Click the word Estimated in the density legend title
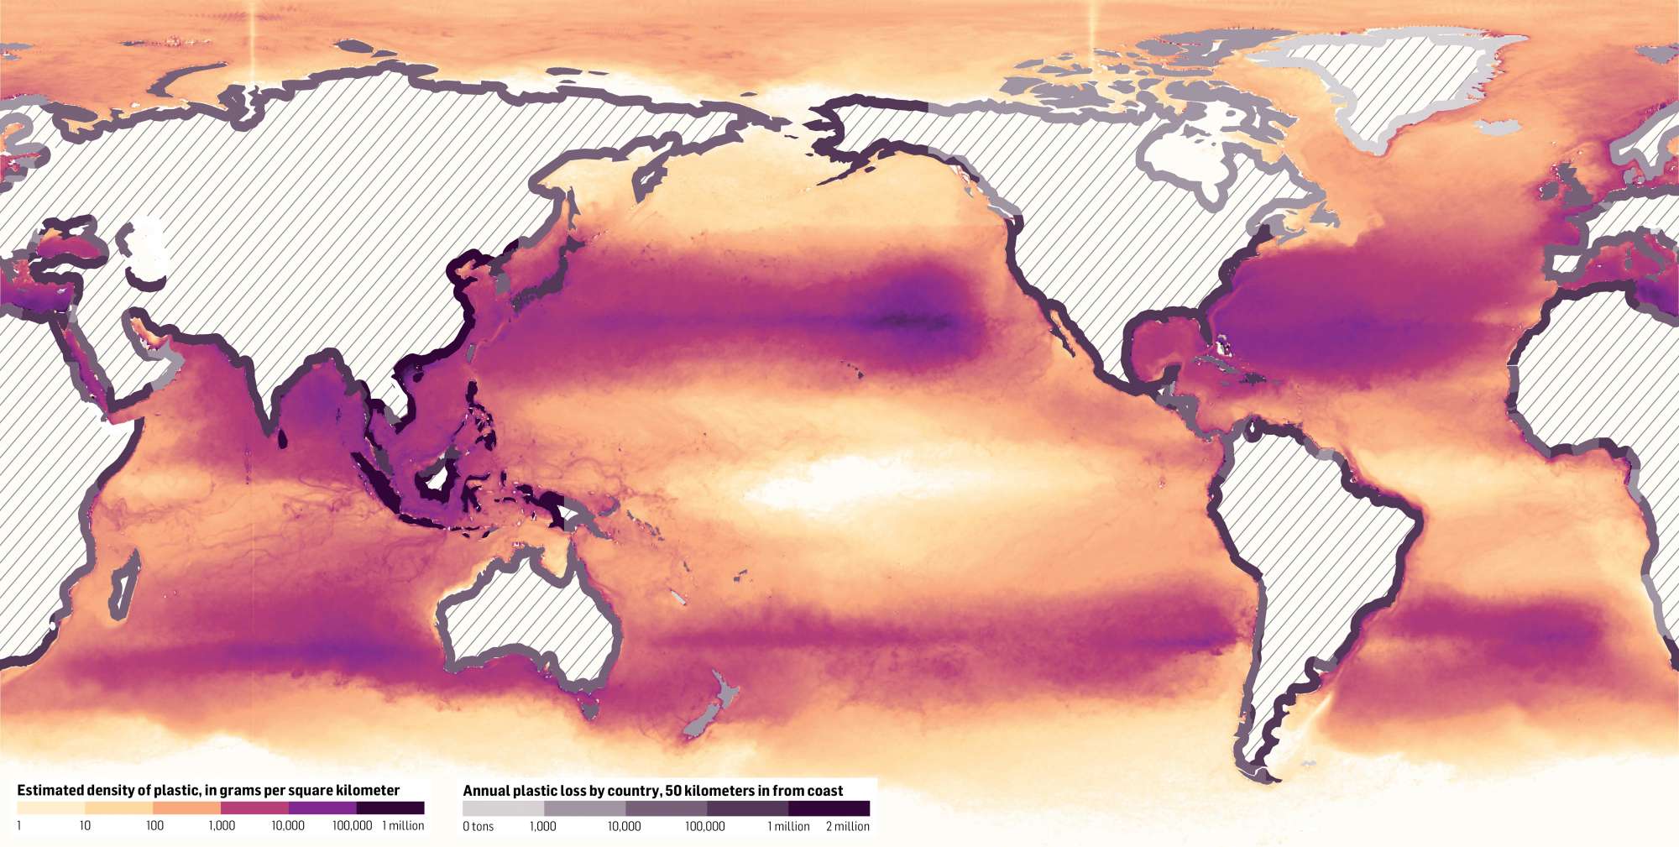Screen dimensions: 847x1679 [50, 790]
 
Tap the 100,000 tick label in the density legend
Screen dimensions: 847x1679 [352, 826]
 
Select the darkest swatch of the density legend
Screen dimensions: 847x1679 [390, 808]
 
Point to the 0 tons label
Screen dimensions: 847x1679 [479, 827]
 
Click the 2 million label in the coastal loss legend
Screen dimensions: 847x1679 [847, 827]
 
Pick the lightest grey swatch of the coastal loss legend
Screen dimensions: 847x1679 [503, 808]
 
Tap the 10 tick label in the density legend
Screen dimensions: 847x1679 [85, 826]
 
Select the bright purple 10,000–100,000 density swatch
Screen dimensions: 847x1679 [322, 808]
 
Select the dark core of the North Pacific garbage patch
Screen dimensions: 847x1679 [911, 320]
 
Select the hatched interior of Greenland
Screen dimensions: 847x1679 [1385, 84]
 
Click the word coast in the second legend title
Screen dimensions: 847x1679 [826, 791]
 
